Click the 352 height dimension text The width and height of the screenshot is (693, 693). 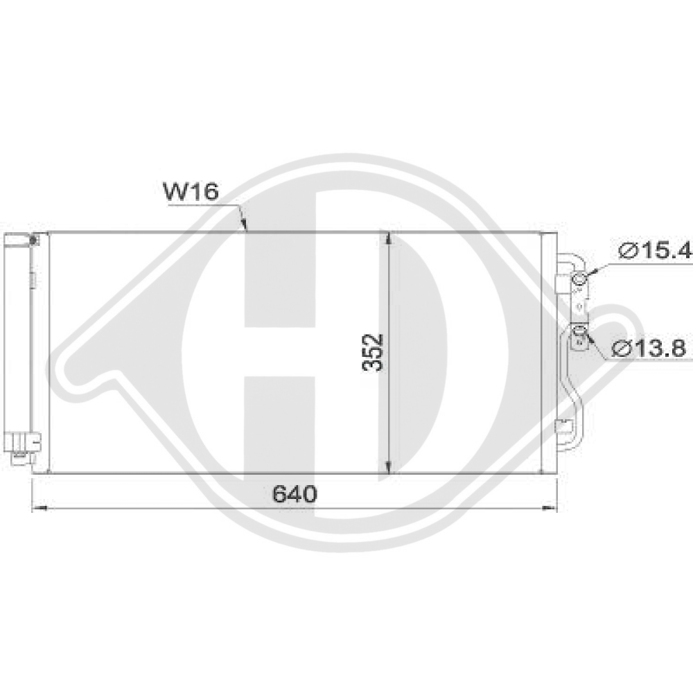pyautogui.click(x=373, y=353)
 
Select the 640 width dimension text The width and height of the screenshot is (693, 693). pyautogui.click(x=295, y=494)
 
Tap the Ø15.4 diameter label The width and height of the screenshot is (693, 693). pyautogui.click(x=653, y=252)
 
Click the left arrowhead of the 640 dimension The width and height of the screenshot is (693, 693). pyautogui.click(x=38, y=509)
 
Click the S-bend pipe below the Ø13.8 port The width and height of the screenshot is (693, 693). pyautogui.click(x=575, y=388)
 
